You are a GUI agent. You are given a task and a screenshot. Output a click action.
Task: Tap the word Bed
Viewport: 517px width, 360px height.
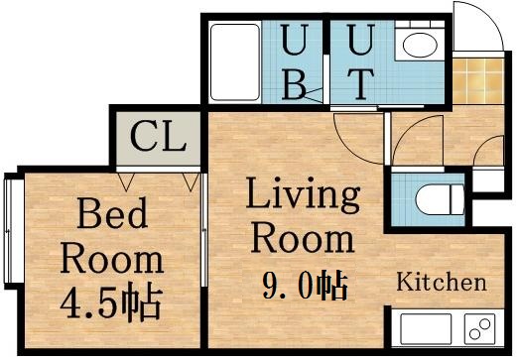tap(112, 212)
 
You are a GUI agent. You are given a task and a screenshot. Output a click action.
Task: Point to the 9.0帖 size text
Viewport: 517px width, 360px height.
tap(304, 287)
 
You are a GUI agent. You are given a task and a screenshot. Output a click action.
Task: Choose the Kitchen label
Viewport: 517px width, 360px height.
tap(442, 283)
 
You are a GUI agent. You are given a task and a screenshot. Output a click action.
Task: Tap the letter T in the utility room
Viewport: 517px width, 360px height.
tap(362, 83)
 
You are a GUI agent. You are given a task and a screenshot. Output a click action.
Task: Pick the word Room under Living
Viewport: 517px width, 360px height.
tap(303, 239)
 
